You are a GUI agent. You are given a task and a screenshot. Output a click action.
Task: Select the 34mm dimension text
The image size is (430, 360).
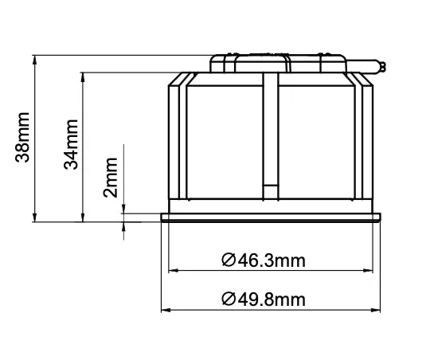coord(72,143)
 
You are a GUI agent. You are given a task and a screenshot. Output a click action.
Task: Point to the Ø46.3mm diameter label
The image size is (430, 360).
coord(263,260)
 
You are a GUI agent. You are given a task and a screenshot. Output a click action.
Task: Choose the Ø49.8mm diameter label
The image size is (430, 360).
coord(264,299)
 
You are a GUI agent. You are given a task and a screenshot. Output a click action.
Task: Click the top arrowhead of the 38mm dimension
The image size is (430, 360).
coord(36,59)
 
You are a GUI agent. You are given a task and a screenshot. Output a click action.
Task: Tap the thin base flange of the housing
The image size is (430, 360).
coord(270,217)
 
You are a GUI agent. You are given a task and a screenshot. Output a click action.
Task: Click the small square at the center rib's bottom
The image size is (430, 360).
coord(272,190)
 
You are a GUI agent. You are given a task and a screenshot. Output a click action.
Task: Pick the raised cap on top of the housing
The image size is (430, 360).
coord(279,61)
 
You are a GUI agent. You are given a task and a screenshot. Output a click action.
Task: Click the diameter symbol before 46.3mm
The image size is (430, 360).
coord(227,260)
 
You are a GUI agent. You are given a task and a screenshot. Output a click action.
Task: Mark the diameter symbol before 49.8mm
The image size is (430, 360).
coord(227,299)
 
